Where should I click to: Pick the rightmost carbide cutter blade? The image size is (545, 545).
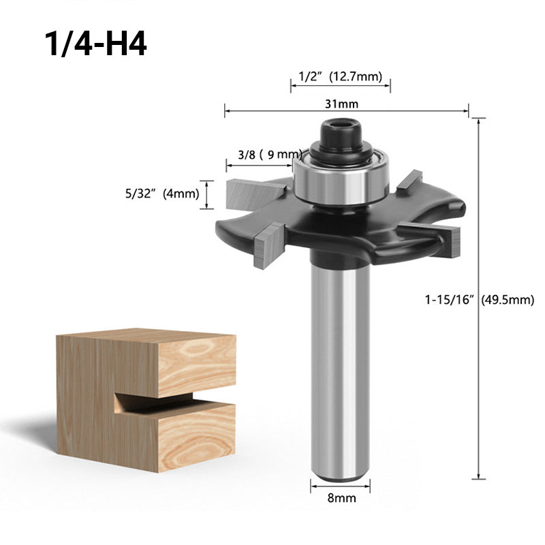tap(447, 238)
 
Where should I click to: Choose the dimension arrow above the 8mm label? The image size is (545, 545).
tap(341, 486)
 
